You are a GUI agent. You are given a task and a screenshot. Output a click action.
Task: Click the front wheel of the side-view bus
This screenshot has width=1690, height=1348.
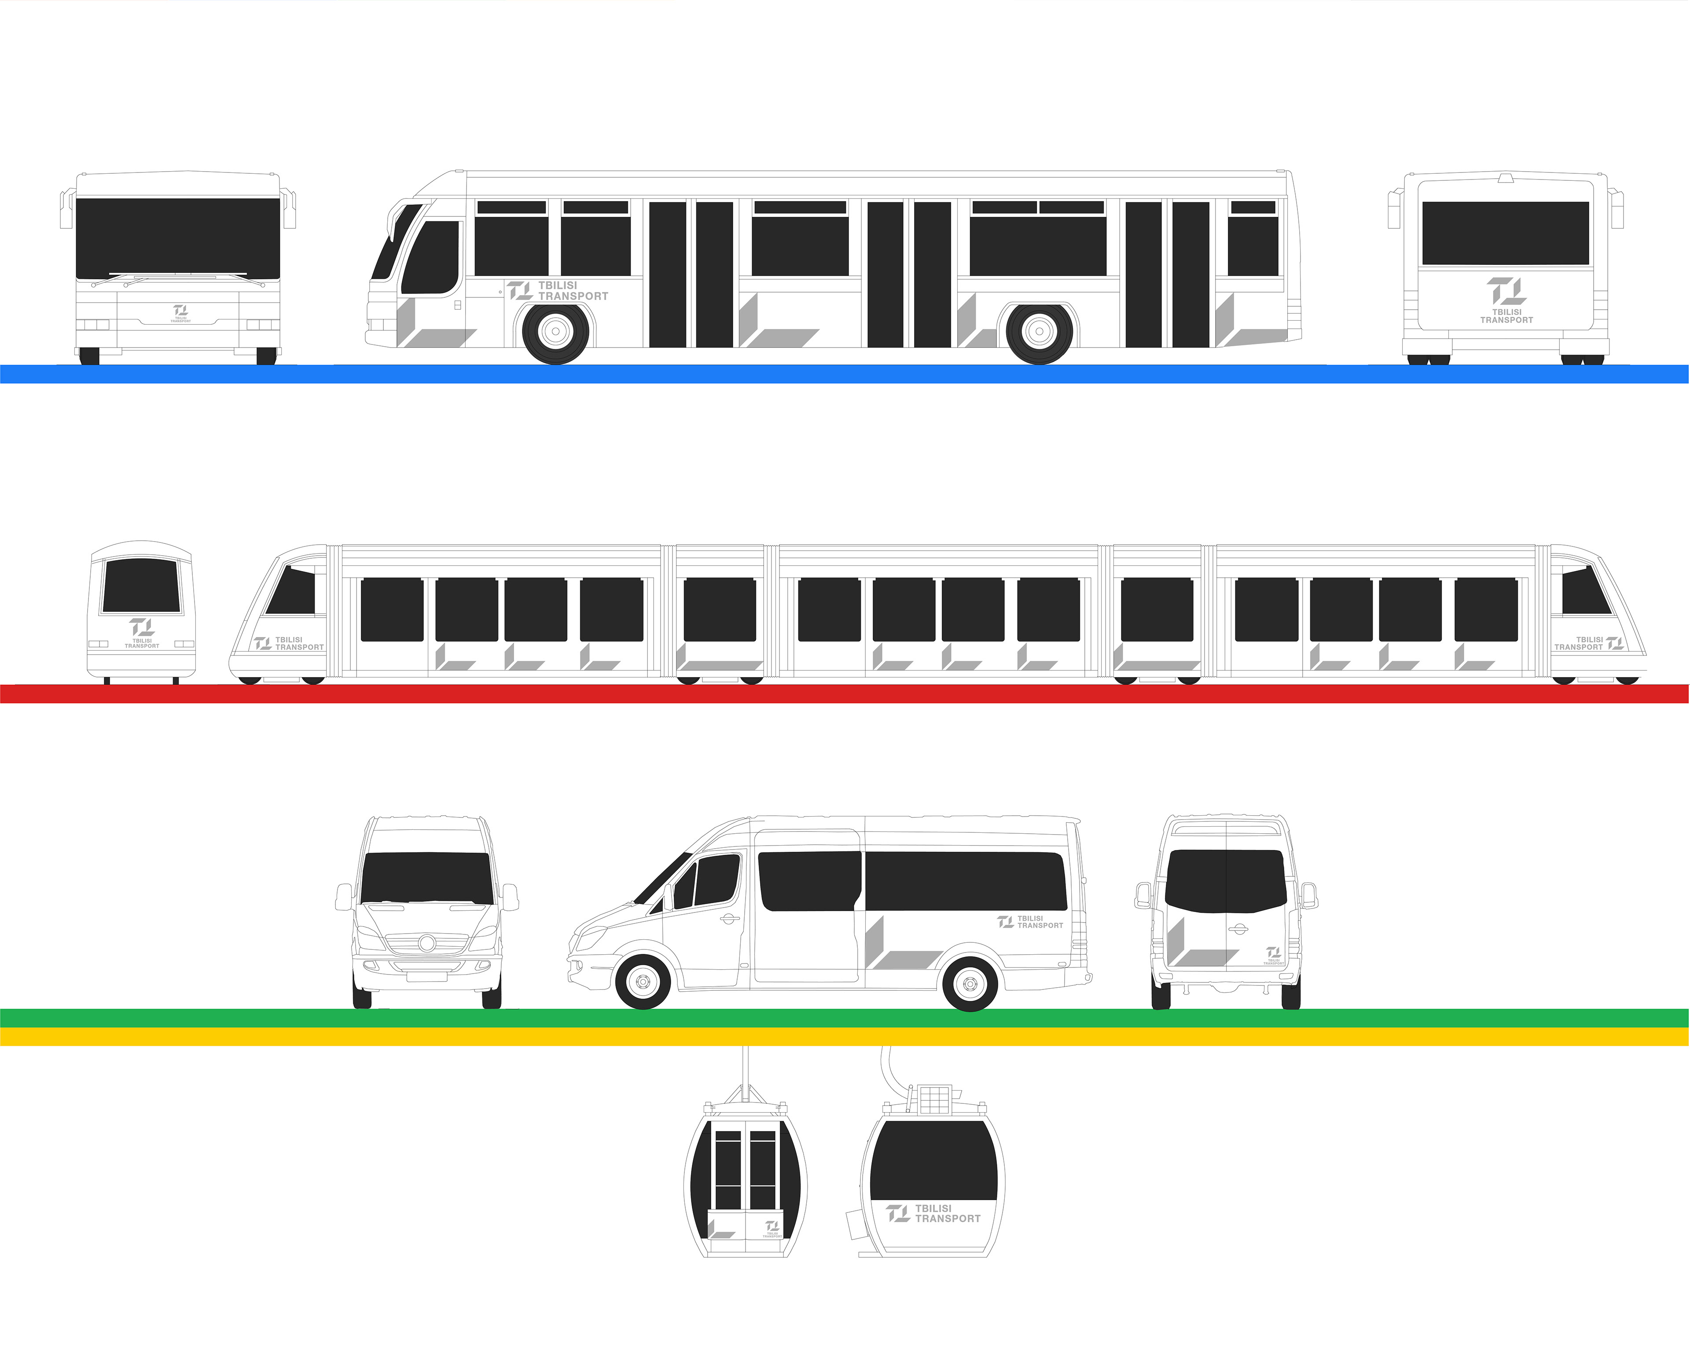tap(556, 332)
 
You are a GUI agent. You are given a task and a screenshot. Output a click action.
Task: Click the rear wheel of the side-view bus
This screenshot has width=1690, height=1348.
tap(1040, 332)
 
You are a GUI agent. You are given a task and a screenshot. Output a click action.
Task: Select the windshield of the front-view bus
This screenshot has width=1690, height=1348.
tap(178, 238)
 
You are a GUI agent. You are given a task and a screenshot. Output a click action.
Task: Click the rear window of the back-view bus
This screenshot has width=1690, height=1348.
tap(1505, 233)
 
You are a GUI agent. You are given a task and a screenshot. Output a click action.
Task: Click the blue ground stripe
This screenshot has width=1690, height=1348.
tap(845, 374)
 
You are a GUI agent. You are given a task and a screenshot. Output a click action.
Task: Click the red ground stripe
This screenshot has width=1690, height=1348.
tap(845, 694)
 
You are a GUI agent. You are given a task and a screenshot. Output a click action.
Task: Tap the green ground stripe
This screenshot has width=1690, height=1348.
tap(845, 1017)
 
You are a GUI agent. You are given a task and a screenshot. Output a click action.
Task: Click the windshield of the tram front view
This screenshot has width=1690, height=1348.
tap(142, 586)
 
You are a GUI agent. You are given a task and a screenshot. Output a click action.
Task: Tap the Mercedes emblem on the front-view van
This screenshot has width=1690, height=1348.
tap(426, 942)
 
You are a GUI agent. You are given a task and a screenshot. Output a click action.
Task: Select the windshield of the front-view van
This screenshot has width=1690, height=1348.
tap(426, 878)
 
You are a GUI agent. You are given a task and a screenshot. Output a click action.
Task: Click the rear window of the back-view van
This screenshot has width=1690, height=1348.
tap(1226, 881)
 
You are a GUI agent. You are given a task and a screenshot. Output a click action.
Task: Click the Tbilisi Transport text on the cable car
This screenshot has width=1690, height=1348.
tap(934, 1213)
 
